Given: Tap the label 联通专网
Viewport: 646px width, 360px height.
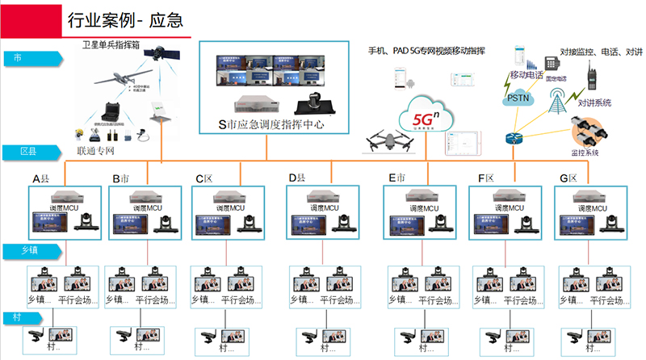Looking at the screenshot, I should [95, 151].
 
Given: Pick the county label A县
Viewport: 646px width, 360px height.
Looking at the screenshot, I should [43, 178].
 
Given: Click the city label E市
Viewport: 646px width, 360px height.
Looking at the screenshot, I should [396, 178].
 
